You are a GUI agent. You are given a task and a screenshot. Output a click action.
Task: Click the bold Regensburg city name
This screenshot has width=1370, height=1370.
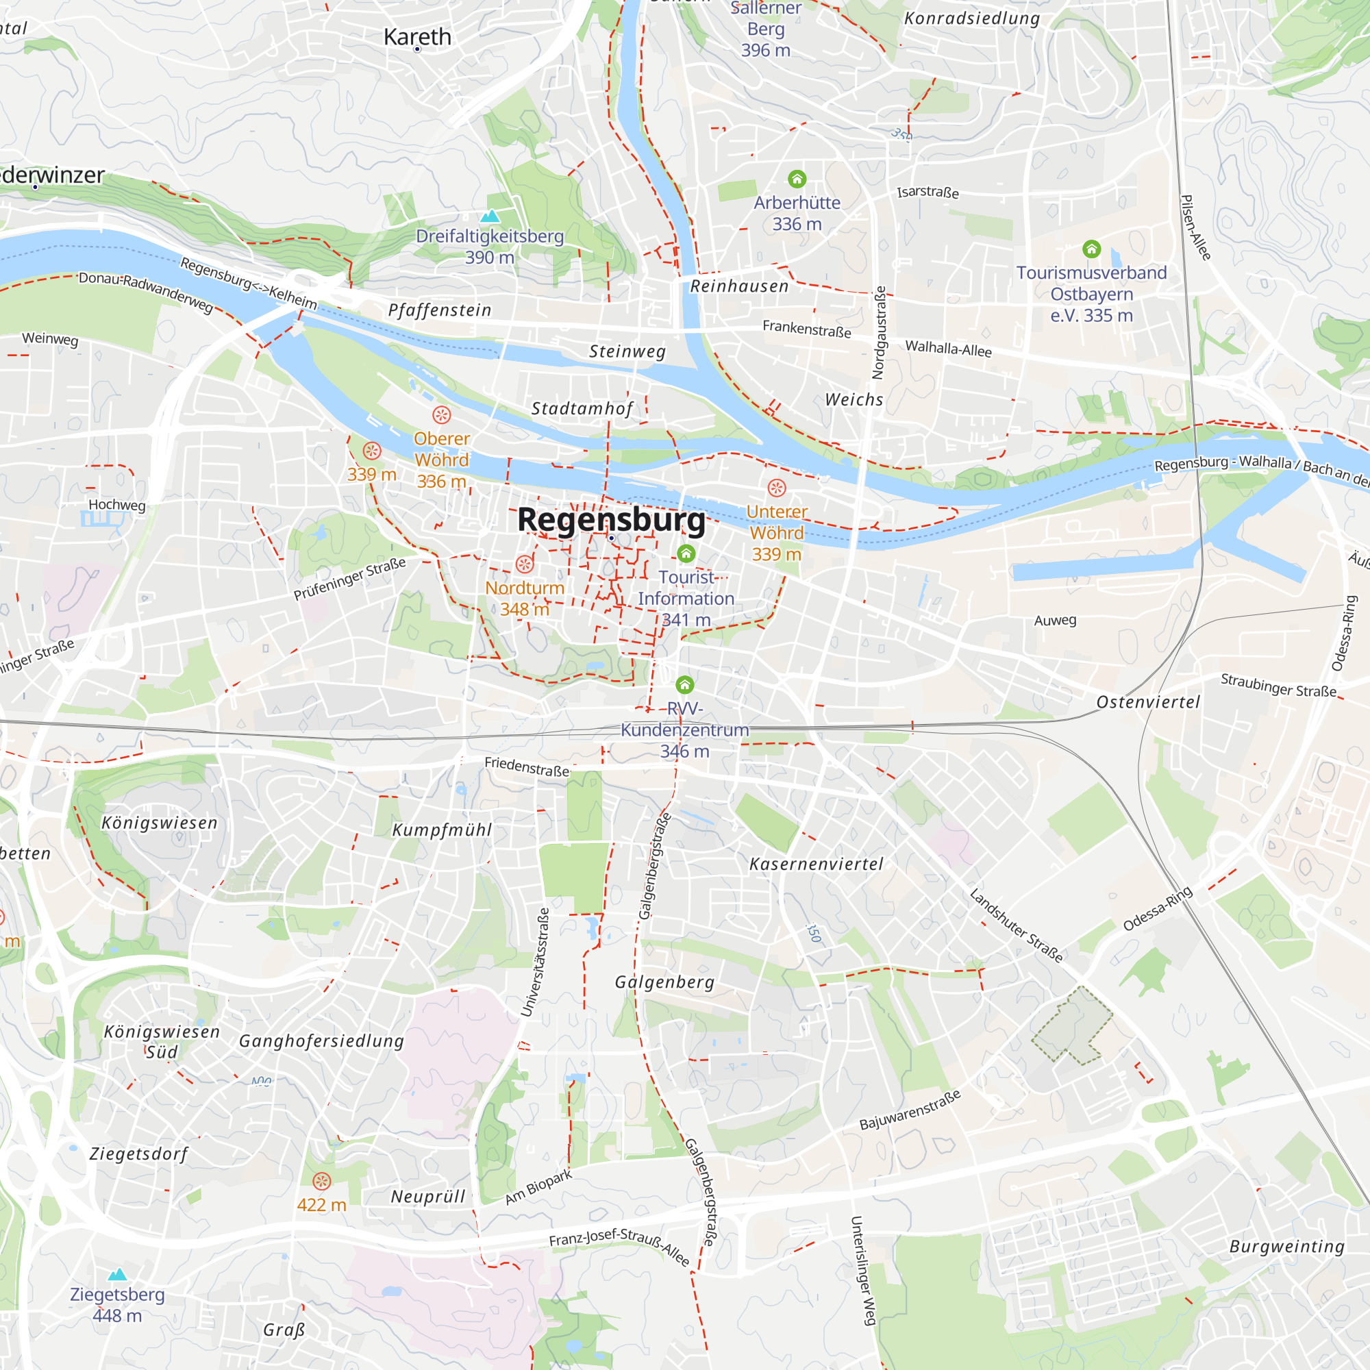click(x=611, y=520)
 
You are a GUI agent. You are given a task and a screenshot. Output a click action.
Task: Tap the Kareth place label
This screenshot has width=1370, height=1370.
click(x=417, y=37)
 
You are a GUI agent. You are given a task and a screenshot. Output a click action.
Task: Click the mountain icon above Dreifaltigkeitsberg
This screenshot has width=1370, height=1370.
click(x=490, y=216)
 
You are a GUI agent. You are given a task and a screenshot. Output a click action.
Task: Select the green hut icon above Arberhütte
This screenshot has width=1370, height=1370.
click(x=797, y=179)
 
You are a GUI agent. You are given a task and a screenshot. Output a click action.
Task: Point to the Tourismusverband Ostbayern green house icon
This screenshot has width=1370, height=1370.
click(x=1091, y=249)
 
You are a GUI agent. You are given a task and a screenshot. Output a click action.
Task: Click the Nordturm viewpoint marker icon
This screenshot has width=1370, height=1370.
click(x=525, y=564)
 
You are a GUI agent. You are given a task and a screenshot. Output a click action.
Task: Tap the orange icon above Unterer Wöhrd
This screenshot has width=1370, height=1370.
click(x=777, y=488)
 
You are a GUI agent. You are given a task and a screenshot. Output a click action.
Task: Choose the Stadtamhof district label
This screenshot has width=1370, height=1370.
click(x=582, y=409)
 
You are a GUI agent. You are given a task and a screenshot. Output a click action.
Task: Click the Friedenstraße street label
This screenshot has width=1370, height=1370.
click(x=527, y=767)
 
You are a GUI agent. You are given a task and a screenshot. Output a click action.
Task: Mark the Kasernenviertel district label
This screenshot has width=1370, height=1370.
click(x=817, y=864)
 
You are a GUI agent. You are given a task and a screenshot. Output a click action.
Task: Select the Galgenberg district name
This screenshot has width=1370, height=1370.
click(x=664, y=982)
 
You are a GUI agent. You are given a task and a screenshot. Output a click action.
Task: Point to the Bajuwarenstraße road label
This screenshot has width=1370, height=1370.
click(x=910, y=1110)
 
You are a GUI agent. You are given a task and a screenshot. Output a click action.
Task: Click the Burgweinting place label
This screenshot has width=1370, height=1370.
click(x=1287, y=1247)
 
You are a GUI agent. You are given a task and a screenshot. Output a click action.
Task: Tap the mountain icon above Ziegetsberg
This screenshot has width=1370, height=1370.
click(x=118, y=1274)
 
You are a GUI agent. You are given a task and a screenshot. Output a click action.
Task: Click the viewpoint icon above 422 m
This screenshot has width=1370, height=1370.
click(x=322, y=1182)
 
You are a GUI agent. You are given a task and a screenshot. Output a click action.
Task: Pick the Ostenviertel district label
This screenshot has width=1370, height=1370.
click(x=1148, y=703)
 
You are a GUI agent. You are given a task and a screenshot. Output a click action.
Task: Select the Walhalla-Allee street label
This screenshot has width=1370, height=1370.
click(x=948, y=348)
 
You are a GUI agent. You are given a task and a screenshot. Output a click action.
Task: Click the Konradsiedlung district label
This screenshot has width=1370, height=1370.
click(x=971, y=18)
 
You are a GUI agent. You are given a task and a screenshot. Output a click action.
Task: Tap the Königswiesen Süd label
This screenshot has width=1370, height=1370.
click(x=162, y=1042)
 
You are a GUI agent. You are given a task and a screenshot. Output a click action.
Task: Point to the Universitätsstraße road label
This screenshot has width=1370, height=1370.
click(x=535, y=962)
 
